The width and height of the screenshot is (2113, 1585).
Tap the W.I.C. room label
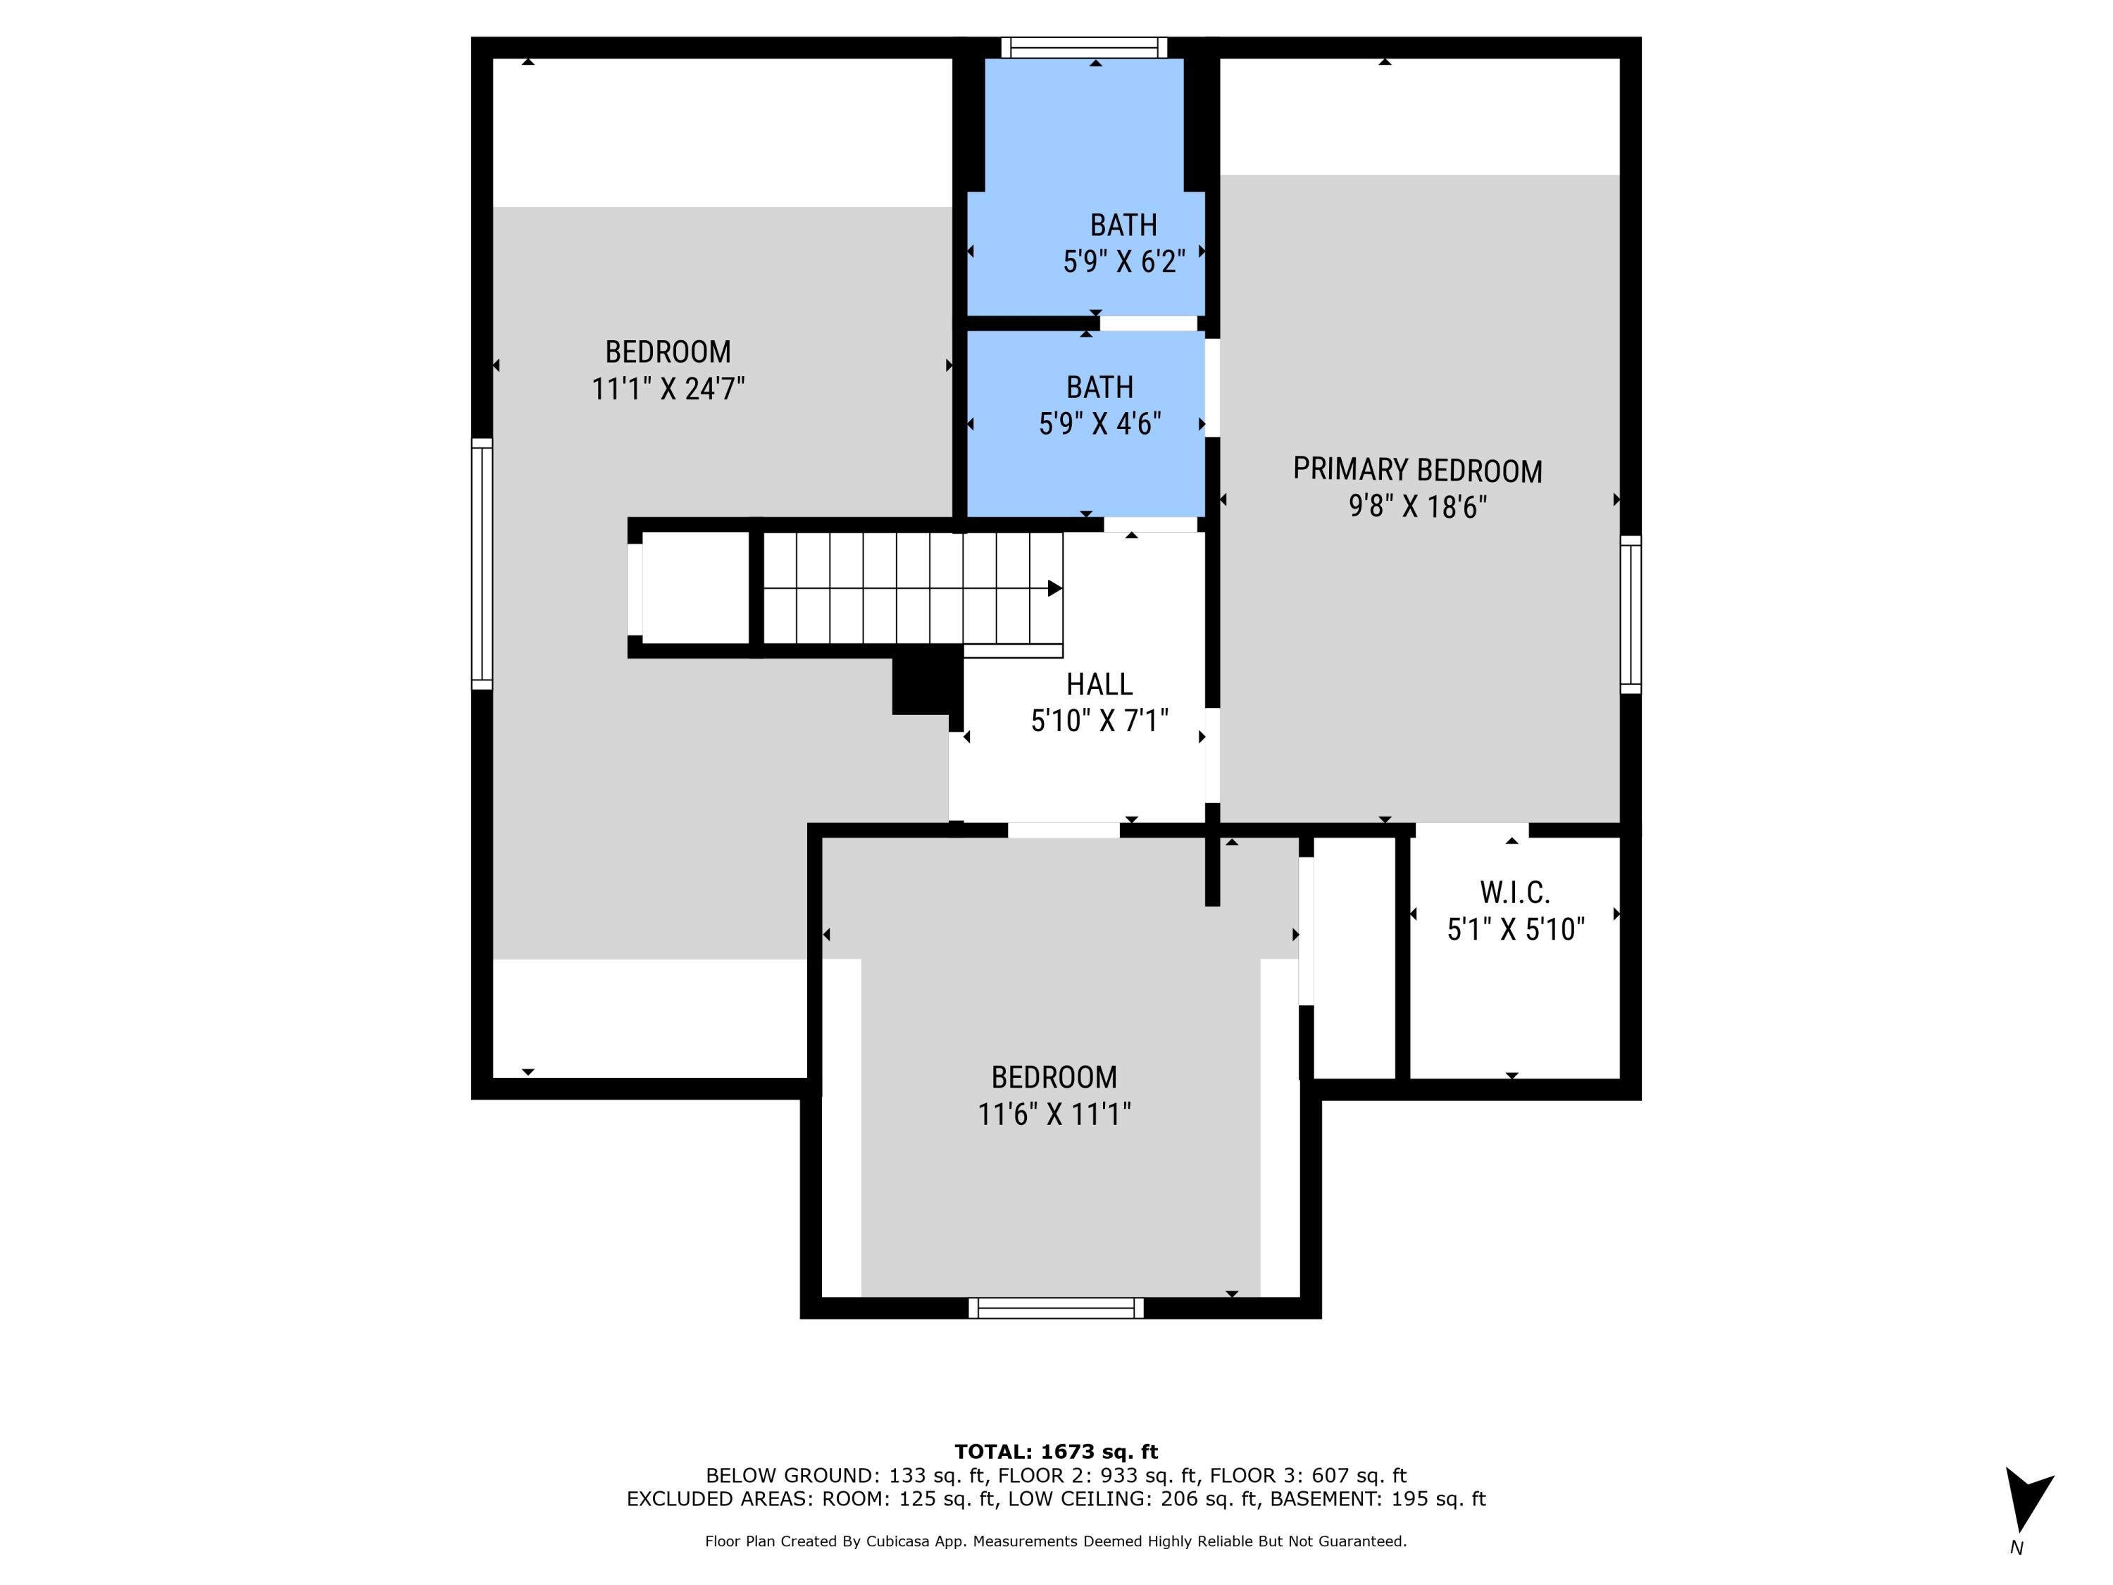click(x=1514, y=893)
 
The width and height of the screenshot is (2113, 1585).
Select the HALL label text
click(x=1099, y=684)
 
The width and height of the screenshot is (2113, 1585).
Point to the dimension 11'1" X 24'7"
click(x=668, y=389)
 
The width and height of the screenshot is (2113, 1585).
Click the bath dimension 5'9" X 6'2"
click(x=1123, y=261)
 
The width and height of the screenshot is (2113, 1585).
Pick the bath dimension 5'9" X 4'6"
click(x=1099, y=423)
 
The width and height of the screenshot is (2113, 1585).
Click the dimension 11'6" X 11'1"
click(x=1054, y=1114)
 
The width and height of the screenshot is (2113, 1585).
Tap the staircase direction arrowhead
click(x=1054, y=588)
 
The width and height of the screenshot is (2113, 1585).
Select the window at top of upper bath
click(x=1083, y=48)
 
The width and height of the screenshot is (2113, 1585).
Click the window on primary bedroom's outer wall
click(x=1630, y=614)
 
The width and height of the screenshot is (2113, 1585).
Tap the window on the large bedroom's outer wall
click(x=482, y=564)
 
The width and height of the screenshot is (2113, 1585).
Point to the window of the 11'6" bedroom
click(x=1056, y=1308)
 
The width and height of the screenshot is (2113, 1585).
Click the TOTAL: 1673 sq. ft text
click(x=1056, y=1452)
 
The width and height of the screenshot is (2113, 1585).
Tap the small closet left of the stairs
click(x=694, y=588)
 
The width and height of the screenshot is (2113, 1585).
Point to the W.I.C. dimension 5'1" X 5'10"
click(x=1515, y=928)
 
